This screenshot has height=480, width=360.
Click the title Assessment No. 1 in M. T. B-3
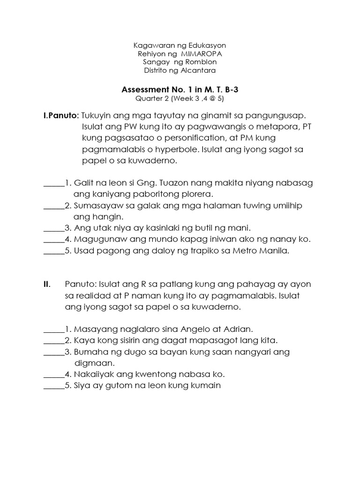pos(180,90)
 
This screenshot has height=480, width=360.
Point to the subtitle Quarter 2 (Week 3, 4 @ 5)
pos(180,98)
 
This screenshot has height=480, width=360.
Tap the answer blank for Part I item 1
pos(53,183)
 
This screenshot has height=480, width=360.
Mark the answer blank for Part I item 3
pos(53,228)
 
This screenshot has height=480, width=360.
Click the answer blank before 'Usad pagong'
pos(53,251)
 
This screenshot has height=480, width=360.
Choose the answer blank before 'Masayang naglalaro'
pos(53,330)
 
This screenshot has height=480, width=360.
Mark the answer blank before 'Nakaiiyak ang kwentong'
pos(53,375)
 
